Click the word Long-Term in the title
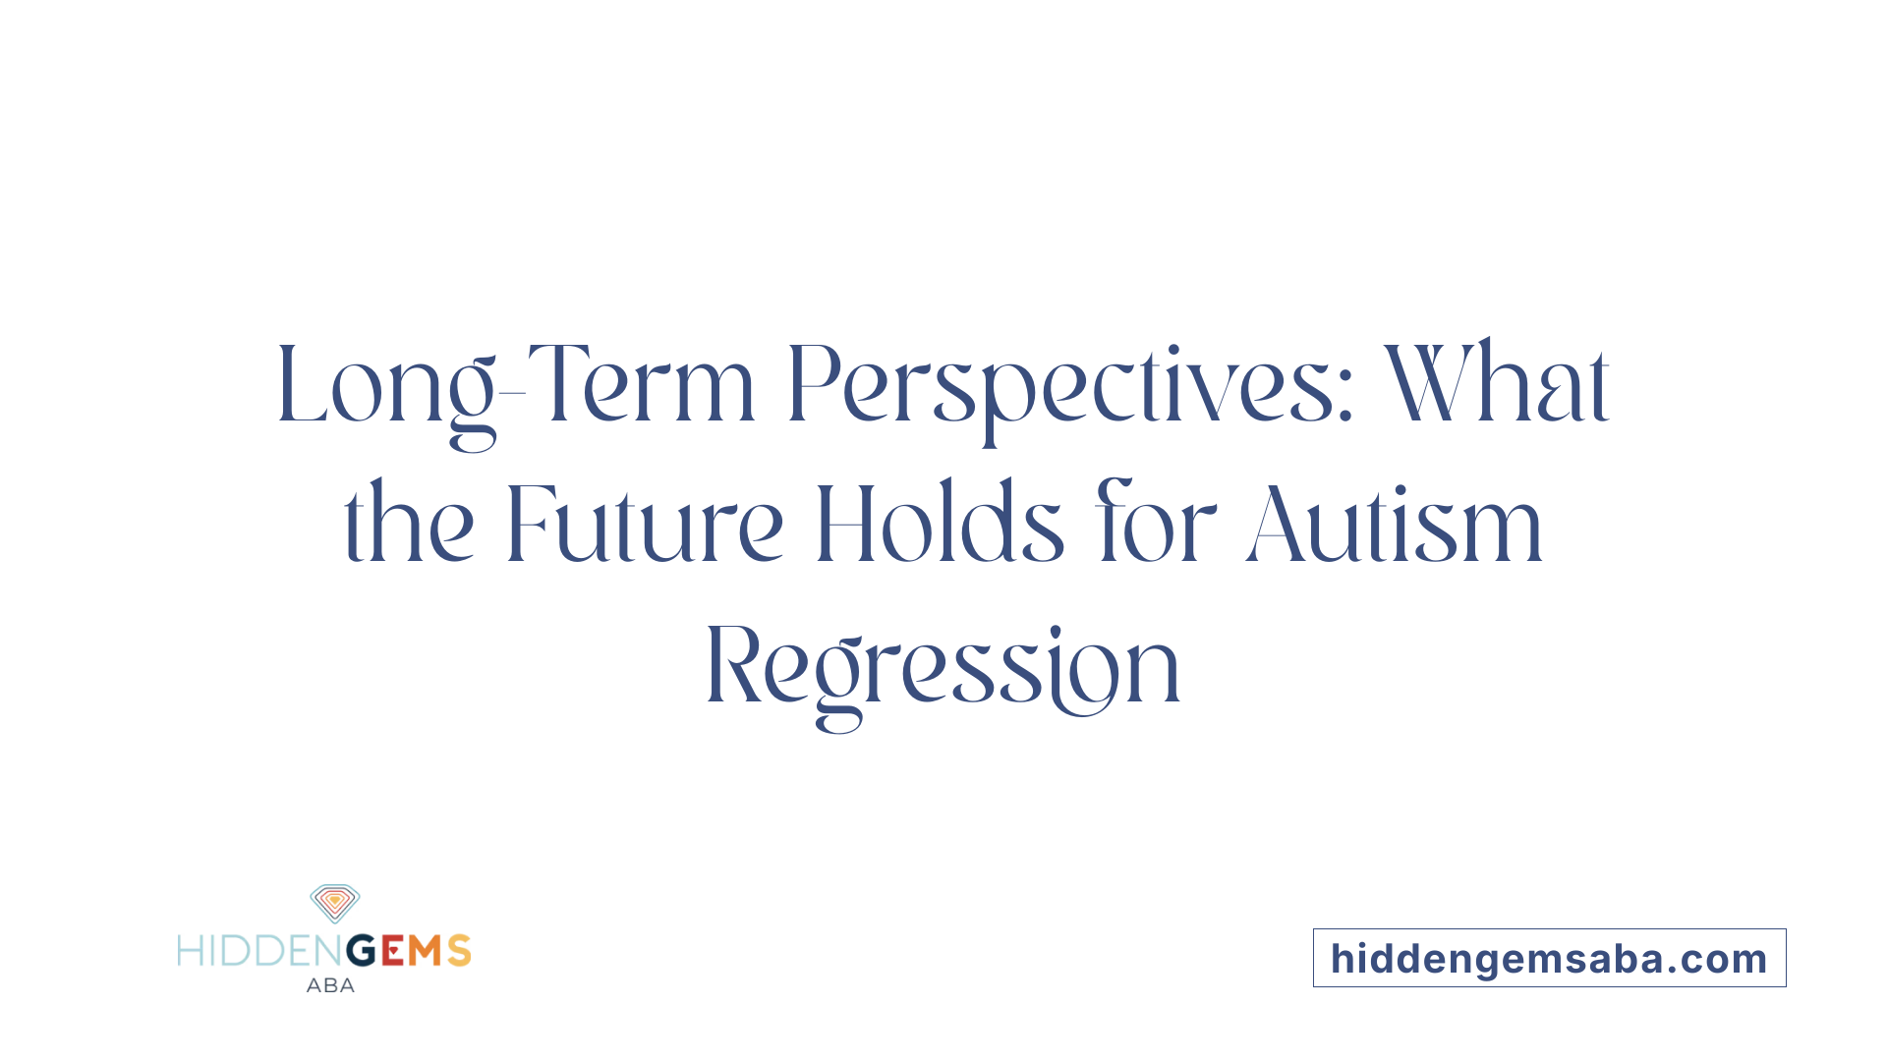(516, 386)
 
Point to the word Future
(644, 526)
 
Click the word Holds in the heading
(940, 526)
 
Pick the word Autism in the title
(1395, 526)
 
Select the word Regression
(943, 668)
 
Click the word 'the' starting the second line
(409, 526)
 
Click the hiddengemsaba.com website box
(1549, 958)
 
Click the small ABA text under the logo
(330, 985)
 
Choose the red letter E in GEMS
(392, 951)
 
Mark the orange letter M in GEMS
(426, 951)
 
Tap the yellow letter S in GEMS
(459, 951)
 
